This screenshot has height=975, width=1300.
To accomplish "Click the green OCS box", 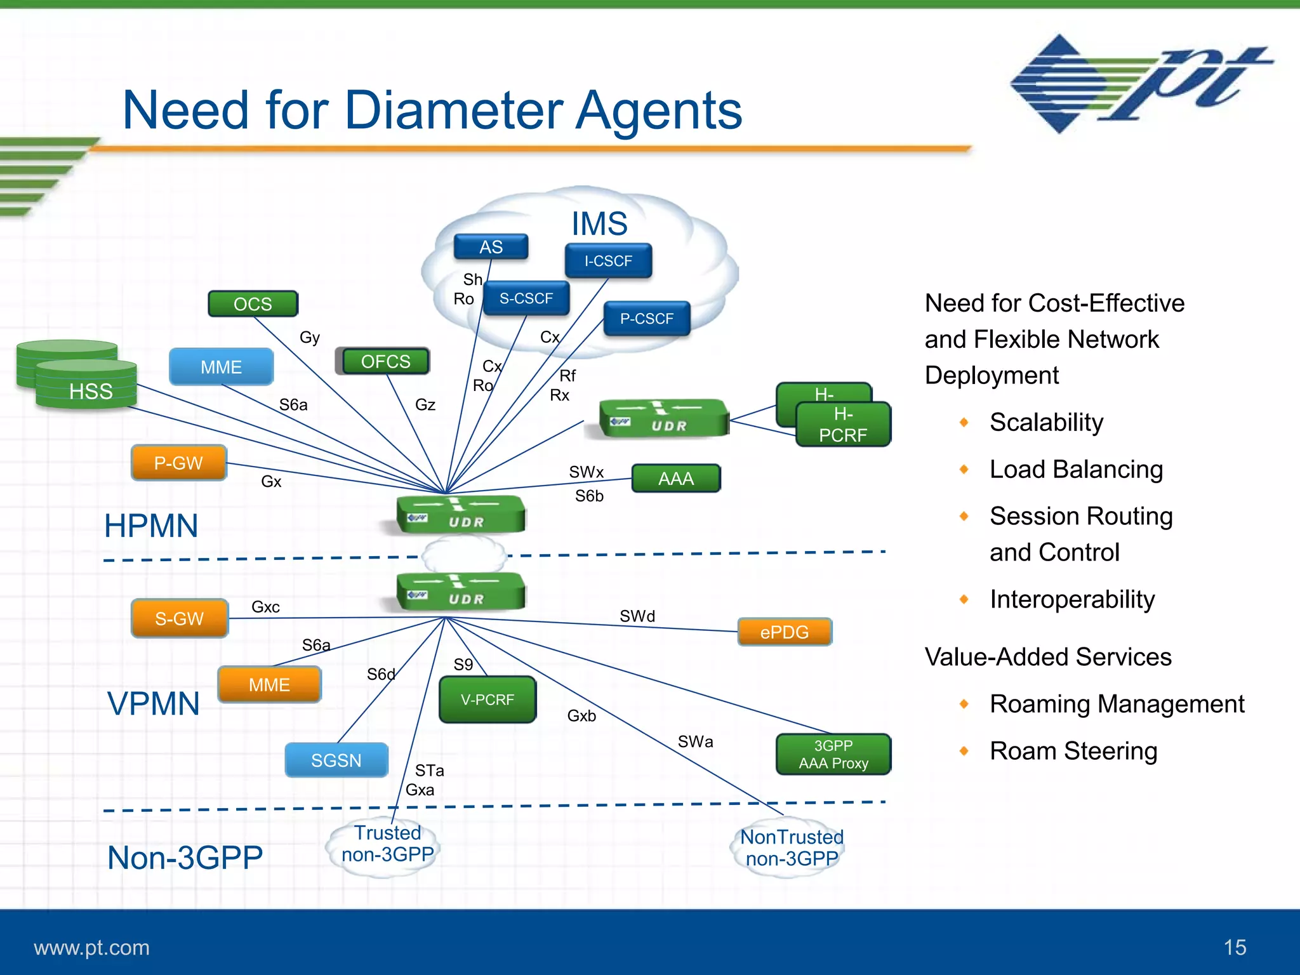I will click(x=253, y=304).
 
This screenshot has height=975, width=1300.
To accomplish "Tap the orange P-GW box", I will click(x=178, y=463).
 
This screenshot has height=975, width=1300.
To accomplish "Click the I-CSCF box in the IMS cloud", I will click(x=608, y=261).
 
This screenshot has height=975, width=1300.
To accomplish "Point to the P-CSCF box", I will click(x=646, y=319).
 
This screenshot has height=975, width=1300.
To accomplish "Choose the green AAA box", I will click(x=676, y=479).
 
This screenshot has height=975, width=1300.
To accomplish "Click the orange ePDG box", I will click(x=785, y=632).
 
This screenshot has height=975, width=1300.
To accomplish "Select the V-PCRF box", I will click(x=487, y=700).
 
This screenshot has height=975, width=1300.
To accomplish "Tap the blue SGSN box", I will click(x=336, y=760).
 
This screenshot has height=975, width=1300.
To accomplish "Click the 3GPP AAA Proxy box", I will click(x=833, y=754).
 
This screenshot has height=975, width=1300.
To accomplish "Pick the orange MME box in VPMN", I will click(x=269, y=684).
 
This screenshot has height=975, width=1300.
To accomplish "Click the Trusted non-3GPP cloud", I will click(x=387, y=845).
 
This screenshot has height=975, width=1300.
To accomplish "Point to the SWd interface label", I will click(x=637, y=616).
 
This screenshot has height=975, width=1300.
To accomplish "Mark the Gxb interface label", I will click(x=581, y=716).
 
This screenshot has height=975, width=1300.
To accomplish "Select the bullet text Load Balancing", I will click(x=1076, y=470).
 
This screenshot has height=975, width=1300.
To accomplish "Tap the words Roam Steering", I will click(x=1073, y=751).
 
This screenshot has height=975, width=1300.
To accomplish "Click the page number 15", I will click(x=1235, y=947).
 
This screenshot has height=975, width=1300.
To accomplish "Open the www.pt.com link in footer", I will click(x=91, y=948).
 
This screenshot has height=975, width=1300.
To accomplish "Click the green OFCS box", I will click(x=385, y=361).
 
